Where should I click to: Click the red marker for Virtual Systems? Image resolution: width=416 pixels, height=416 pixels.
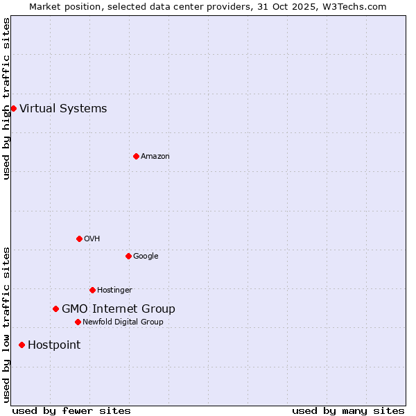[x=13, y=108]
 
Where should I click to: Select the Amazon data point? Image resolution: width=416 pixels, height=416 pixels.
[x=136, y=156]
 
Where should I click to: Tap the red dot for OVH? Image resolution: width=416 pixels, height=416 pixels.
[x=79, y=239]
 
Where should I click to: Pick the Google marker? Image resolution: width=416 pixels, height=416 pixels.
[x=128, y=256]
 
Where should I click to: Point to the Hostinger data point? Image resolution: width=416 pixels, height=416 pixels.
[x=92, y=290]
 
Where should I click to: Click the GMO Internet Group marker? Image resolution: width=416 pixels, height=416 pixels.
[x=55, y=309]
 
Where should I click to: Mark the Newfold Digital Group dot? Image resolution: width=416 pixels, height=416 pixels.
[x=78, y=322]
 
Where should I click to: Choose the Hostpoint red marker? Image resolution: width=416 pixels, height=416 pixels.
[x=21, y=345]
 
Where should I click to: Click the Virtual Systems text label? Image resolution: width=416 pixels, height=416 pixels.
[x=63, y=108]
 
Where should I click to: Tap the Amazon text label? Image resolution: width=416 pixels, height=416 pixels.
[x=155, y=156]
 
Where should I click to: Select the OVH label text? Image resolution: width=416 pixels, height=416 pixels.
[x=92, y=239]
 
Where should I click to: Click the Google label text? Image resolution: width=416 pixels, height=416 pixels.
[x=146, y=256]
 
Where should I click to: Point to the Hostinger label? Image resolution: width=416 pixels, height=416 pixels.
[x=114, y=290]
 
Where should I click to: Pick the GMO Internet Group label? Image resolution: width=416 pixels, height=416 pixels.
[x=119, y=309]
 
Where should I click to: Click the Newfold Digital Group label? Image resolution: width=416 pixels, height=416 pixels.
[x=123, y=322]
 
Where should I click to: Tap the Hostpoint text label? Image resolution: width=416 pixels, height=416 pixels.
[x=54, y=345]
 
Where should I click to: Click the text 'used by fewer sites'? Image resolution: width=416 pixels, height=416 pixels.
[x=71, y=410]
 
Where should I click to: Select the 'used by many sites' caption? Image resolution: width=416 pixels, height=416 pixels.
[x=348, y=410]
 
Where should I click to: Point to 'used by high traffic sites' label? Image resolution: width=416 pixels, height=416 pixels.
[x=6, y=98]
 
